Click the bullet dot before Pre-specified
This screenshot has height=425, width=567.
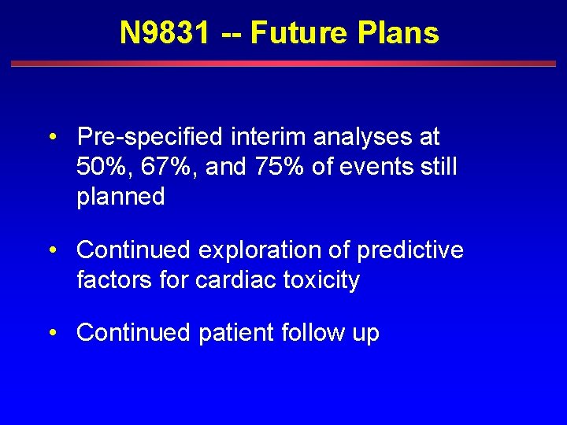(51, 138)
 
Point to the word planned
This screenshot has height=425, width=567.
(120, 197)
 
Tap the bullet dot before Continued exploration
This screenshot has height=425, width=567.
(51, 251)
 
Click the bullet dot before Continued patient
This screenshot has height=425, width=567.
(51, 334)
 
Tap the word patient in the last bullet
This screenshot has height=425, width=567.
(236, 333)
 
